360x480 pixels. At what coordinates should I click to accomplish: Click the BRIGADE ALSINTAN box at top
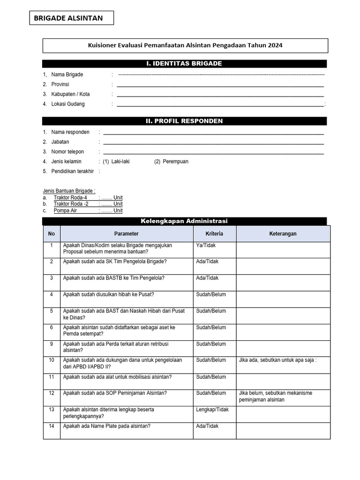72,18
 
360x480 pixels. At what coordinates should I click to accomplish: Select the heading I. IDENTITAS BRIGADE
184,64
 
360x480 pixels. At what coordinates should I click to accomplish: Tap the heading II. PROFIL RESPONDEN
184,121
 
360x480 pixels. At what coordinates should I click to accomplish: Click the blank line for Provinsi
220,85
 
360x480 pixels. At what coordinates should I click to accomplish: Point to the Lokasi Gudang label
68,104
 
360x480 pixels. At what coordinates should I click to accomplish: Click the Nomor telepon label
67,152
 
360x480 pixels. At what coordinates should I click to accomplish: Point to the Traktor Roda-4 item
70,198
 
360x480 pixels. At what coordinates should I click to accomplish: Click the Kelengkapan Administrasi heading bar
184,221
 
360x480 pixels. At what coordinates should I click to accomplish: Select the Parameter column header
127,234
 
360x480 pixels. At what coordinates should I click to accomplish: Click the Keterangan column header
283,234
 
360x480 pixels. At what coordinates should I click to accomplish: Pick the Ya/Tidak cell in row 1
206,245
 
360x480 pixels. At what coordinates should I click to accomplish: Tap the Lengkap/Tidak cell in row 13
212,410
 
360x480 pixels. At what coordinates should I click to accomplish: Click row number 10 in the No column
52,360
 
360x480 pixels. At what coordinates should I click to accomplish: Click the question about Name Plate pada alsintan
106,426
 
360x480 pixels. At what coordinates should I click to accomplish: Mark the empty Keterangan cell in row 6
283,332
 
